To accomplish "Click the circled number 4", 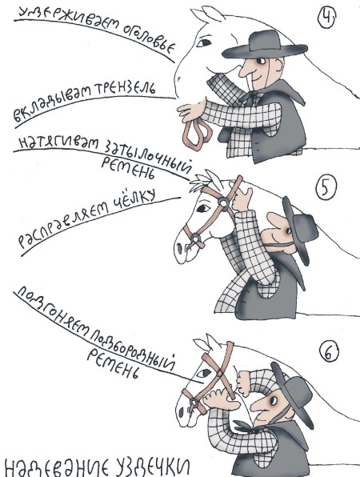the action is click(326, 18).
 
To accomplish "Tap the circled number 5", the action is click(326, 188).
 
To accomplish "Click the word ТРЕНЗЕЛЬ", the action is click(125, 90).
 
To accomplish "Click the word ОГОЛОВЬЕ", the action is click(149, 38).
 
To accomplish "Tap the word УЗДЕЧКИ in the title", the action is click(146, 466).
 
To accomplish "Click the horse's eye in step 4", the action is click(204, 42).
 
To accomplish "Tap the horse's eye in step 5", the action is click(203, 208).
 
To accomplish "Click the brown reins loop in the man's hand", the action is click(198, 133).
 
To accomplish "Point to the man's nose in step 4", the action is click(245, 70).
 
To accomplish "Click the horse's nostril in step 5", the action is click(179, 248).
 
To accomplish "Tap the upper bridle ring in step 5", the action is click(223, 202).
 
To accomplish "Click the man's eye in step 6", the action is click(274, 401).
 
